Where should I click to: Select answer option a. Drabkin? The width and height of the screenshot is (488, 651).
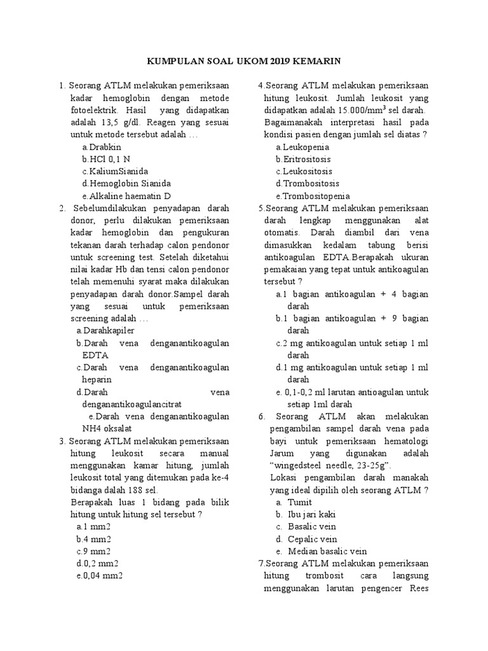[x=101, y=147]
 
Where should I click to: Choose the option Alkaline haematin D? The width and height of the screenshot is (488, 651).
[x=126, y=196]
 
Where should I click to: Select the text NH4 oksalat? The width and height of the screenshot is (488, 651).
[x=108, y=428]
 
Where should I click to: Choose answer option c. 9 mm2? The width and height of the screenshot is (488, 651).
[x=93, y=551]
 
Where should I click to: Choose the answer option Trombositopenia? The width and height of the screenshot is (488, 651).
[x=312, y=196]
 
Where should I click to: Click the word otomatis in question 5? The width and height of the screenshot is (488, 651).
[x=282, y=233]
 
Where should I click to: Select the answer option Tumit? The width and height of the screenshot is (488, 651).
[x=300, y=502]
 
